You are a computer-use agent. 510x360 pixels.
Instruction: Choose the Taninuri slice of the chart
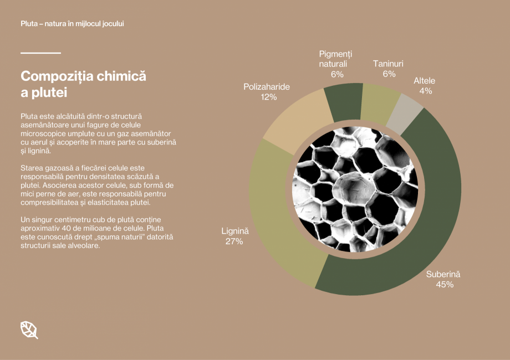coord(379,104)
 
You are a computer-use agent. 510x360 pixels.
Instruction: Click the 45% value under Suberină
coord(445,284)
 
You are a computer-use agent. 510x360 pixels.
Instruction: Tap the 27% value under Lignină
coord(234,241)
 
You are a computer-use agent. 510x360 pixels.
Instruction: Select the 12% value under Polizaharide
coord(269,97)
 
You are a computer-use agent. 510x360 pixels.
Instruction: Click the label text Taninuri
coord(388,64)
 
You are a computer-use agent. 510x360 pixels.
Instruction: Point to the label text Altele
coord(425,80)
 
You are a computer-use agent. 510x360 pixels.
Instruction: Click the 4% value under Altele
coord(425,91)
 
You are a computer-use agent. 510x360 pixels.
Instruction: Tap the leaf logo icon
coord(29,330)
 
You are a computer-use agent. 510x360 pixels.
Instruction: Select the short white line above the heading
coord(40,53)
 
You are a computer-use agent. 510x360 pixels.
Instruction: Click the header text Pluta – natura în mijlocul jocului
coord(72,24)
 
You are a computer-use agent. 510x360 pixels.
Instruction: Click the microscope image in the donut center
coord(355,189)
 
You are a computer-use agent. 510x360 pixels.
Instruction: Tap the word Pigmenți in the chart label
coord(335,54)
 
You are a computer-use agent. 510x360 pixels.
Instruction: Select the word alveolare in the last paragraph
coord(83,245)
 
